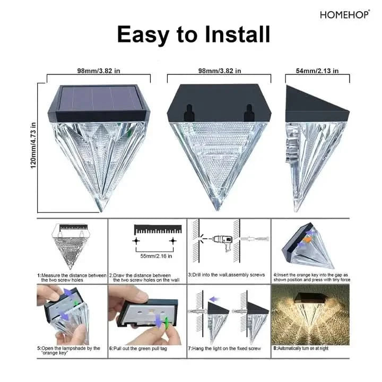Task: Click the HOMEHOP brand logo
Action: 345,15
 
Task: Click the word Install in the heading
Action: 238,34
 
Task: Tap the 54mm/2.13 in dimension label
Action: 317,71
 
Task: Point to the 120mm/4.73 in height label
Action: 33,145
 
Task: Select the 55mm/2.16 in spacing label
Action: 156,256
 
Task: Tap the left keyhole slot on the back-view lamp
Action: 188,113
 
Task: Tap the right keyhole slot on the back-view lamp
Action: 249,113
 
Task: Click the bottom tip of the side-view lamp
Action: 297,211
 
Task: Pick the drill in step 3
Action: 223,242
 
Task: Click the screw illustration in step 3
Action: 255,239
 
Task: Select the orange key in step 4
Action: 307,240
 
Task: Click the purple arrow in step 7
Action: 214,299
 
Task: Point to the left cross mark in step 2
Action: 136,241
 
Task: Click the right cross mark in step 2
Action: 173,241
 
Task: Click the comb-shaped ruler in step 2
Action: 158,230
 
